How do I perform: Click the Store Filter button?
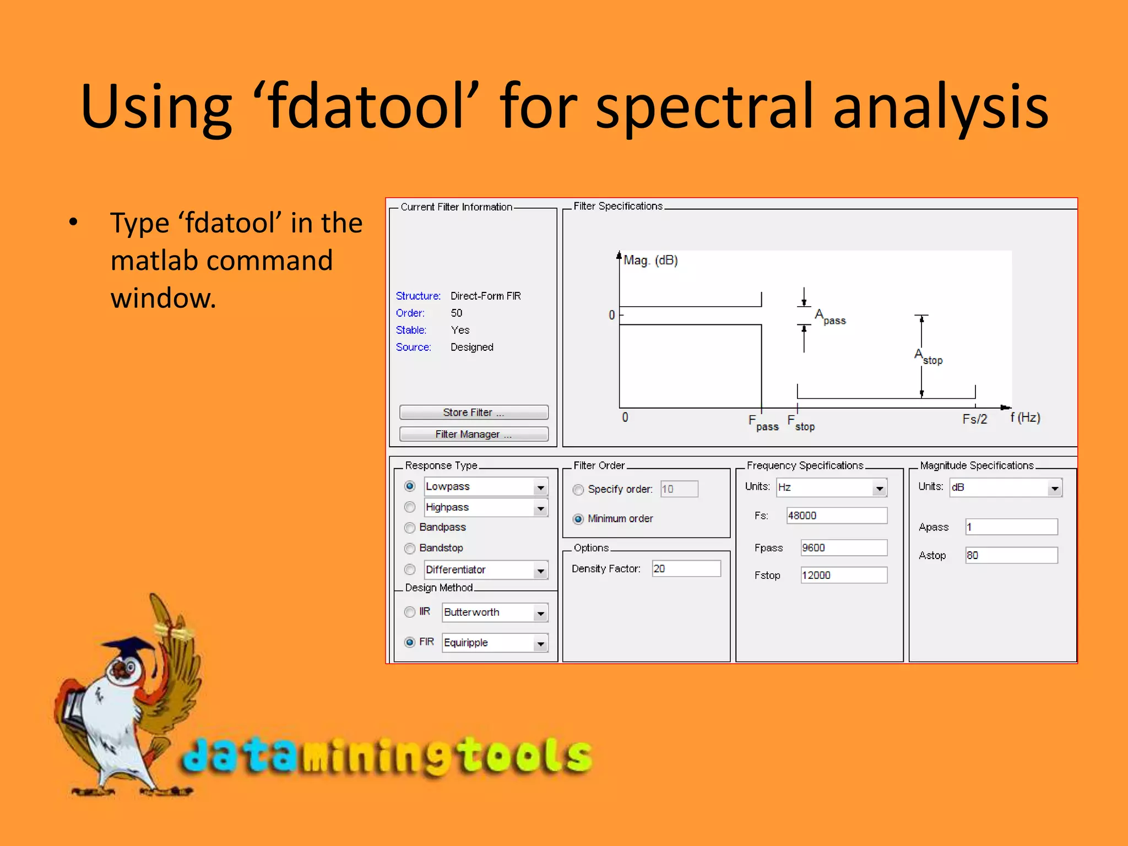(473, 412)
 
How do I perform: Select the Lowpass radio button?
(410, 486)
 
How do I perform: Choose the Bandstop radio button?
(410, 548)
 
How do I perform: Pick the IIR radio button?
(410, 612)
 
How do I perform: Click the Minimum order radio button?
(578, 519)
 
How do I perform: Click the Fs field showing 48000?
(836, 516)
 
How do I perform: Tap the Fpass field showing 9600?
(843, 547)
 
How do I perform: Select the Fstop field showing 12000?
(843, 575)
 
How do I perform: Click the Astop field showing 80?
(1011, 555)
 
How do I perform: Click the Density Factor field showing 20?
(686, 568)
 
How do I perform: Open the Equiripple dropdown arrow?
(541, 643)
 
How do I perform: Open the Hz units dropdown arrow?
(880, 487)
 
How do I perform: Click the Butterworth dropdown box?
(488, 612)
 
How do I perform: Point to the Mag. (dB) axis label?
(650, 260)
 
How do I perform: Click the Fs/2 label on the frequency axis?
(974, 419)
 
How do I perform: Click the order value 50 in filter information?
(457, 313)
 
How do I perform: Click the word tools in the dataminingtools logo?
(526, 756)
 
